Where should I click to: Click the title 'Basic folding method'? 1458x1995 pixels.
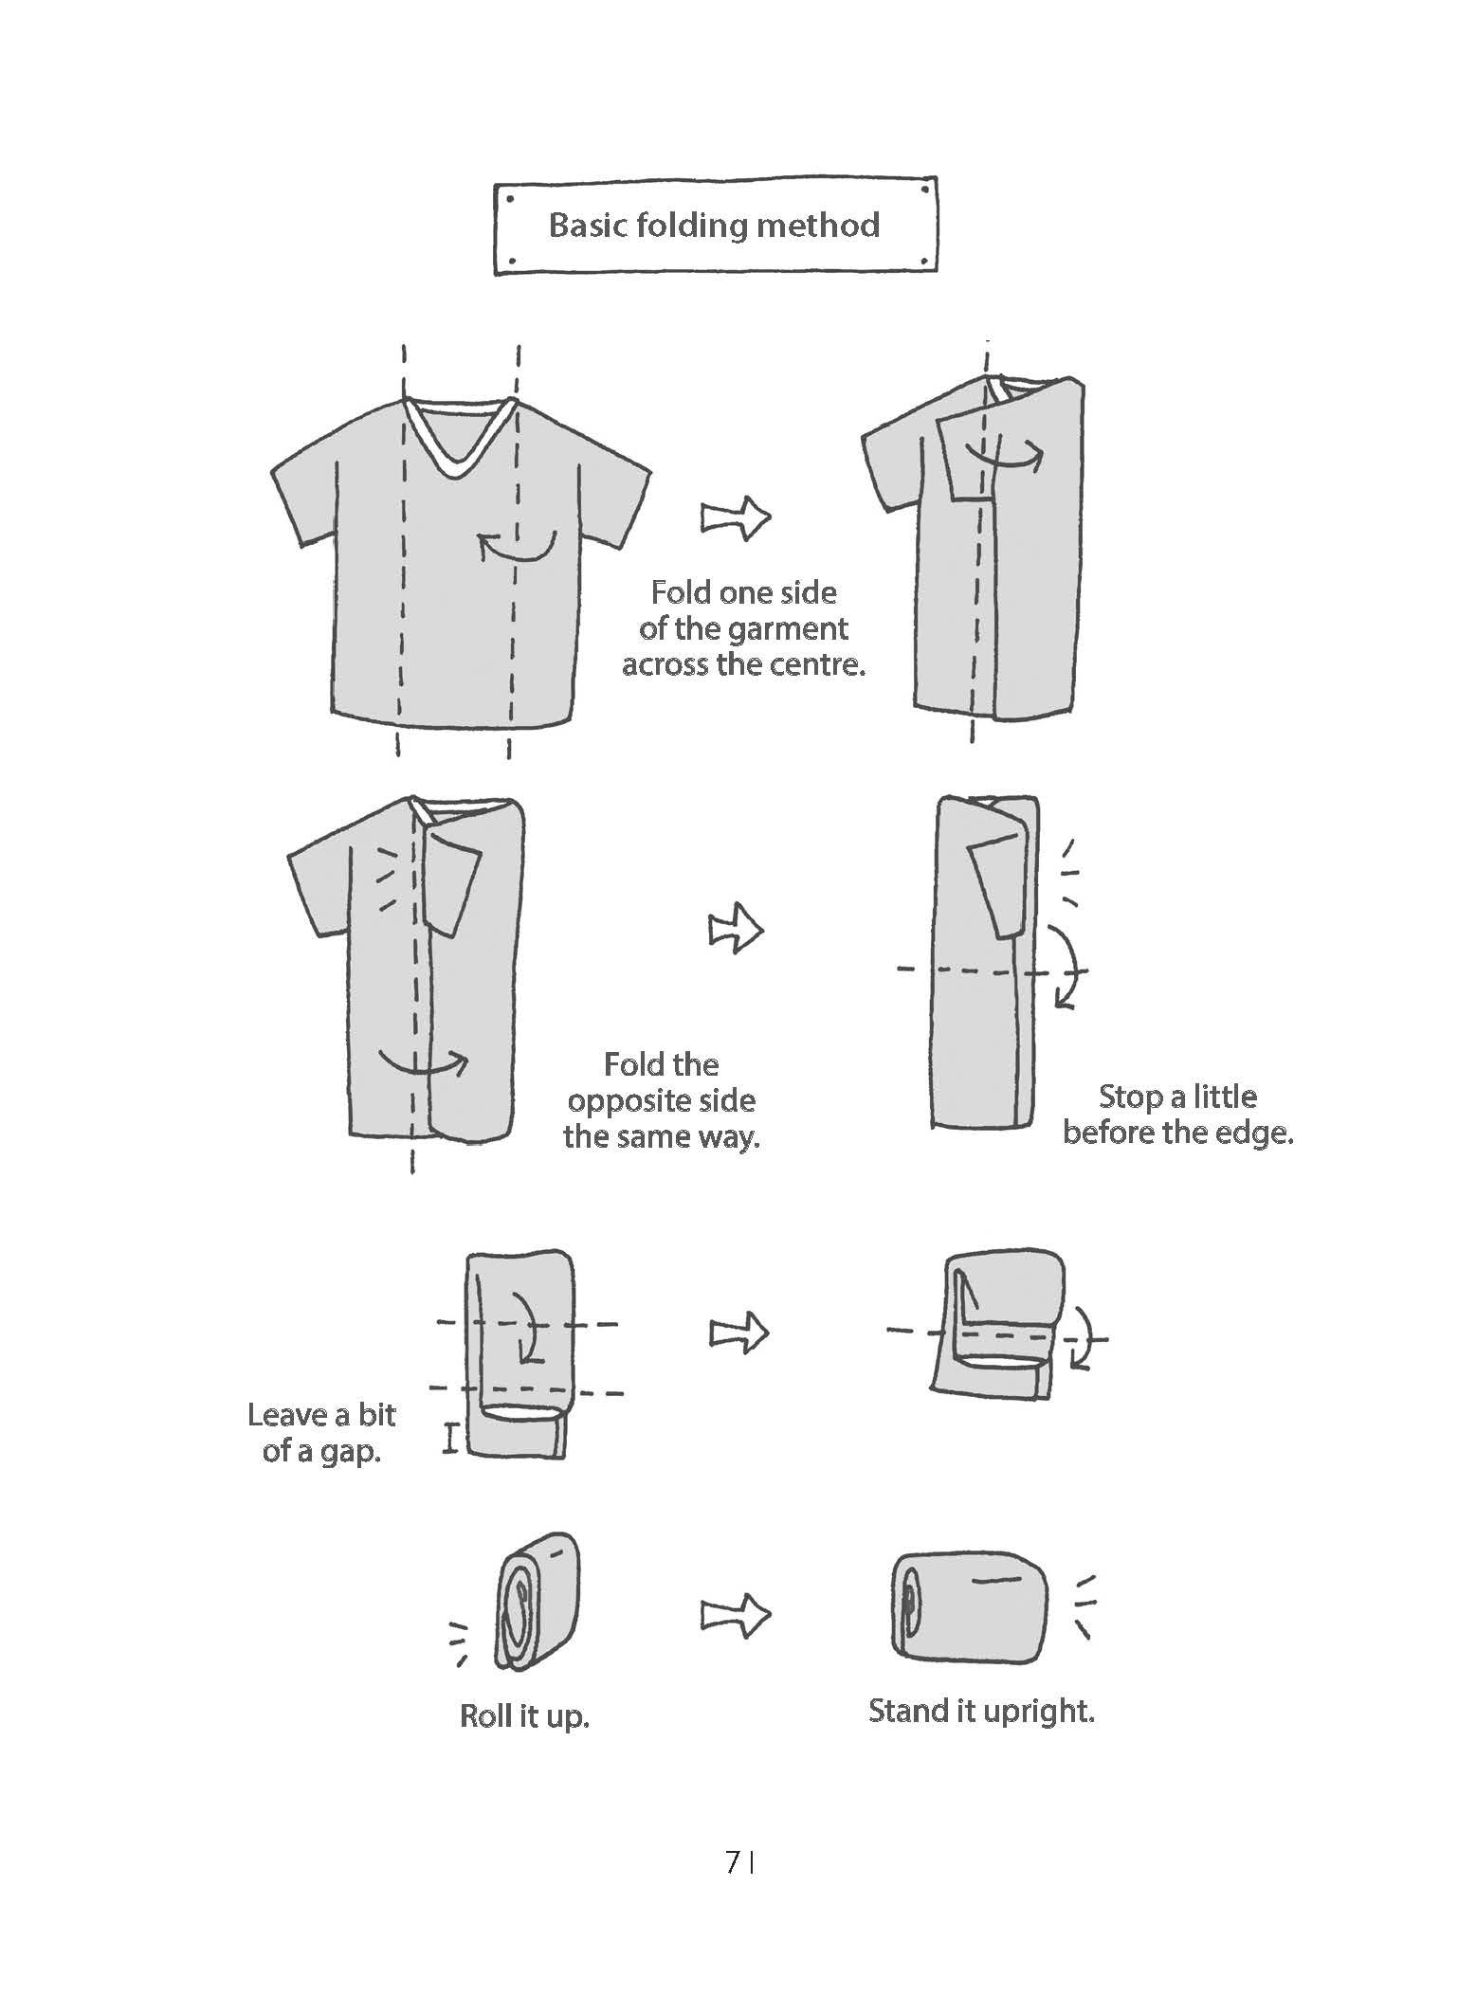pyautogui.click(x=714, y=226)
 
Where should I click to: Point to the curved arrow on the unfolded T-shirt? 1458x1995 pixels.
pyautogui.click(x=517, y=545)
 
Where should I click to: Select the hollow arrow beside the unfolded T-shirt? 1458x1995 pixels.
pyautogui.click(x=736, y=517)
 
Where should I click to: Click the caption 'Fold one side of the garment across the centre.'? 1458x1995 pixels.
pyautogui.click(x=744, y=628)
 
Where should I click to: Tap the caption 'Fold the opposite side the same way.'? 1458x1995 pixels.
pyautogui.click(x=662, y=1100)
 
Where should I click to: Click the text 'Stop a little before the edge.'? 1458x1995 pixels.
pyautogui.click(x=1178, y=1115)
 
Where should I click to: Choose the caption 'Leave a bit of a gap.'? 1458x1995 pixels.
pyautogui.click(x=321, y=1433)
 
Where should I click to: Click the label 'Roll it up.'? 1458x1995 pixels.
pyautogui.click(x=524, y=1716)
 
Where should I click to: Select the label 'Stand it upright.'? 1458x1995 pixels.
pyautogui.click(x=982, y=1712)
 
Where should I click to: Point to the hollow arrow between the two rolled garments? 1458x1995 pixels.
pyautogui.click(x=736, y=1613)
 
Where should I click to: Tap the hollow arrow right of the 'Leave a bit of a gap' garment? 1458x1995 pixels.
pyautogui.click(x=738, y=1333)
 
